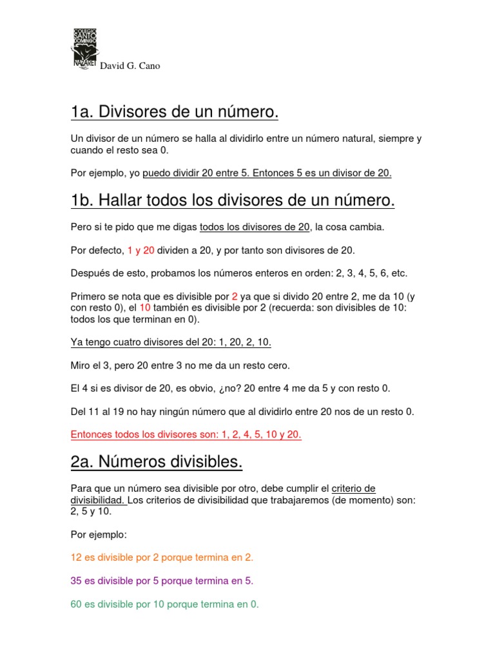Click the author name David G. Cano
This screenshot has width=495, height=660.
point(130,66)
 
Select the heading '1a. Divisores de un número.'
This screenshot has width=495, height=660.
point(175,113)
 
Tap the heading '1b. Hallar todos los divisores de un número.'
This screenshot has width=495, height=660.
point(233,201)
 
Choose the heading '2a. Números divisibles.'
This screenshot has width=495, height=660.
point(157,462)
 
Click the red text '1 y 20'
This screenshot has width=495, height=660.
point(141,250)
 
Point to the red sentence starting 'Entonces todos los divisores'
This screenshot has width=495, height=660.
point(186,434)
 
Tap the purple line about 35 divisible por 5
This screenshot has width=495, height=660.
point(162,581)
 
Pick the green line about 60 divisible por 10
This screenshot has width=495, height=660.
point(164,605)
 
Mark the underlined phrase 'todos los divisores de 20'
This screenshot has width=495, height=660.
point(255,227)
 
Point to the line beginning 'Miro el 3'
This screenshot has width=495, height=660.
point(180,365)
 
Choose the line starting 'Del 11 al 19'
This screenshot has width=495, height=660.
point(242,411)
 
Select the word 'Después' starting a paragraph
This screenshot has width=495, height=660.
point(90,273)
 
